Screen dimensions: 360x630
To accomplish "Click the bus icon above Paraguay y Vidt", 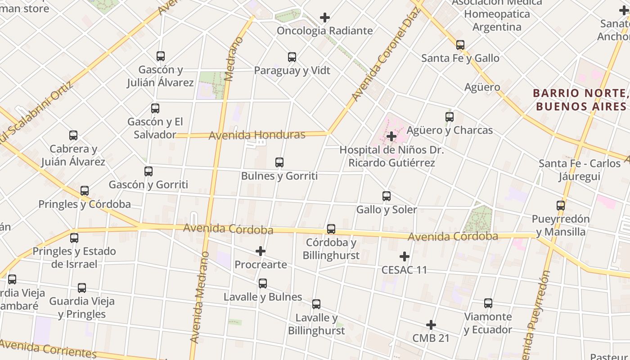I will click(x=292, y=57).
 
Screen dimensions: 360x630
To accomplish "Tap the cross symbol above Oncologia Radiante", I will click(x=325, y=18).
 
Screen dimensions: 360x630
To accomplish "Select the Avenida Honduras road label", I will click(x=257, y=135).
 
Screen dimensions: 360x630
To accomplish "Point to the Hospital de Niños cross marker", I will click(x=391, y=136).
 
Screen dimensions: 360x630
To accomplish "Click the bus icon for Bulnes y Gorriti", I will click(x=279, y=162).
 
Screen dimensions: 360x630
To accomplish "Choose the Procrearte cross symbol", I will click(x=261, y=251).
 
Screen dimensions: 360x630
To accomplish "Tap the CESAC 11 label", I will click(x=404, y=270).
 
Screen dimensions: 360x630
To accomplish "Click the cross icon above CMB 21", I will click(x=431, y=325).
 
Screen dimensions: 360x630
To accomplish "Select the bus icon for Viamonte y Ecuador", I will click(x=488, y=303).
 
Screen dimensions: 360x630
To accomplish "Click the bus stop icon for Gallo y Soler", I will click(x=387, y=196).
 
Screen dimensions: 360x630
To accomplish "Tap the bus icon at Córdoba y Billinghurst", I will click(x=331, y=229).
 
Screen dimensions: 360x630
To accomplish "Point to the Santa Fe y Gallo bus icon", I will click(x=460, y=45).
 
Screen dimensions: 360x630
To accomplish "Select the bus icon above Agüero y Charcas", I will click(x=450, y=117).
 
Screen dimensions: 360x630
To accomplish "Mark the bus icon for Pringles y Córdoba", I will click(x=85, y=191).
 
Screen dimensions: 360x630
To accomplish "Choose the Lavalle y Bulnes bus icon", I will click(x=263, y=283).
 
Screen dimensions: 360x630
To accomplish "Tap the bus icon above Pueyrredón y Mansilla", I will click(x=561, y=206).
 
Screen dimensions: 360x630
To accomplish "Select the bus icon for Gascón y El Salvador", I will click(x=155, y=108).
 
